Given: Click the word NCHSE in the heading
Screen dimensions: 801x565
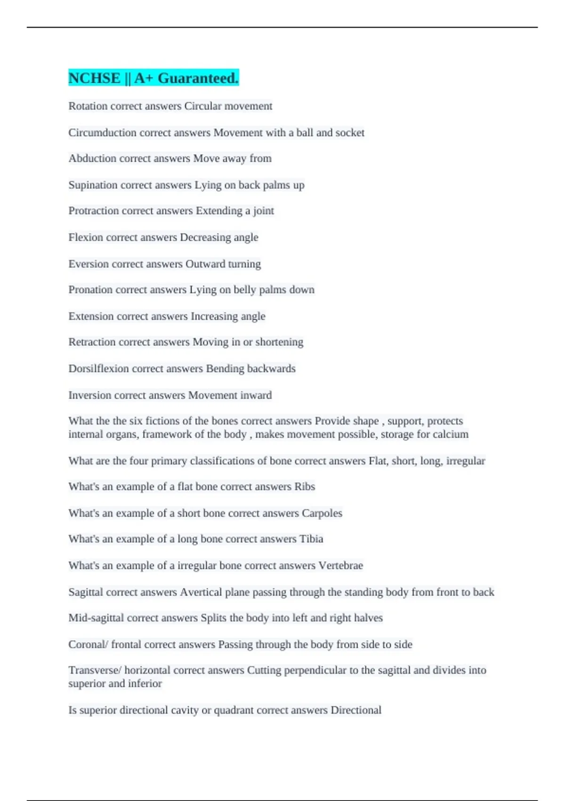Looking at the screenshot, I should [94, 78].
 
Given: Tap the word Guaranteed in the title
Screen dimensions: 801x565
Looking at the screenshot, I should [198, 78].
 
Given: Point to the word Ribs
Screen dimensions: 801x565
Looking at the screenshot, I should [305, 487].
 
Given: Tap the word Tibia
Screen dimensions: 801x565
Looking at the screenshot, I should [311, 539].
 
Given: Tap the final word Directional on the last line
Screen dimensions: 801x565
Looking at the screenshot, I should [356, 710].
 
